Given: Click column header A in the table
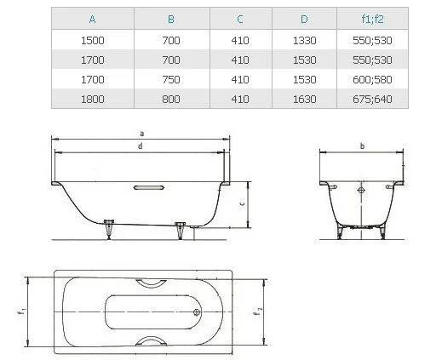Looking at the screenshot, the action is [x=92, y=20].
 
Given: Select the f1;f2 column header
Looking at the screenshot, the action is [x=372, y=19].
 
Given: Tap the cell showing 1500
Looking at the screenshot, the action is [x=93, y=40].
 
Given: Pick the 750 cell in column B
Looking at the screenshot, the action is [x=171, y=79].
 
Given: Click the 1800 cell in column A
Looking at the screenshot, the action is [x=93, y=99].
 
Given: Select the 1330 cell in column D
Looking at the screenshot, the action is [x=304, y=40].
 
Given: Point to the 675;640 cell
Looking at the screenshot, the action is [x=372, y=99].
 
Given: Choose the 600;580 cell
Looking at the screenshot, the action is [x=372, y=79].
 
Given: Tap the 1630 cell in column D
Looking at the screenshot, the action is [x=304, y=99].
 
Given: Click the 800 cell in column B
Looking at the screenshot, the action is [x=171, y=99].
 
